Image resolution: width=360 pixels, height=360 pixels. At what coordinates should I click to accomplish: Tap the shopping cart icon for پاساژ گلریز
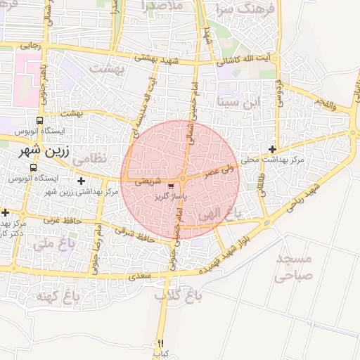coord(171,187)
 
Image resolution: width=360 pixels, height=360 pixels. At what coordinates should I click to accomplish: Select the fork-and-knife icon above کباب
coord(160,344)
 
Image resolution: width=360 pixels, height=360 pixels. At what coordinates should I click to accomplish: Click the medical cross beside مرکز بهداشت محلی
coord(272,149)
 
